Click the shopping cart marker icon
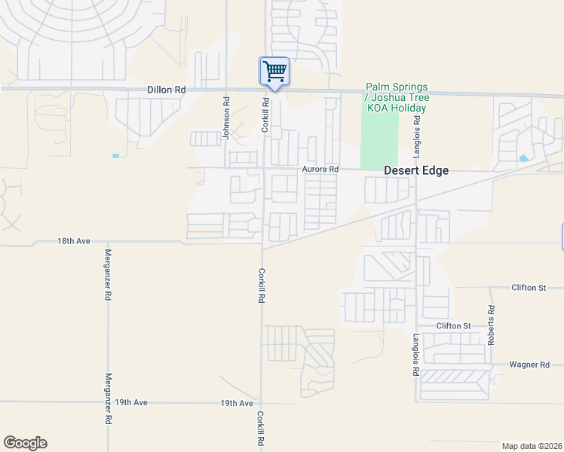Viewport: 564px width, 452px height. coord(274,72)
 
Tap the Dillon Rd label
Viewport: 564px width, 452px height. coord(167,90)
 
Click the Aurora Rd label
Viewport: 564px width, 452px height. coord(320,169)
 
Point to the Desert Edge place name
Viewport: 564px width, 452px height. coord(416,170)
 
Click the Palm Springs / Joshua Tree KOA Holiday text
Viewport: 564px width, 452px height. coord(396,97)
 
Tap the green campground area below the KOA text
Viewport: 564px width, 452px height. coord(379,140)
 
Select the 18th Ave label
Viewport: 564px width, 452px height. coord(74,241)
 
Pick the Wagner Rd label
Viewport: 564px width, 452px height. coord(529,365)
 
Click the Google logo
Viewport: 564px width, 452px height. coord(25,443)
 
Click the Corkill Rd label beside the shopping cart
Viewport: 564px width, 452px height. coord(265,115)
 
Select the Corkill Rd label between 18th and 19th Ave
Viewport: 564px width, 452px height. coord(261,286)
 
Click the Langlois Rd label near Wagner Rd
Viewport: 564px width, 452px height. coord(415,355)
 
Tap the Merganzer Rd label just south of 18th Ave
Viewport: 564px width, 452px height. coord(108,275)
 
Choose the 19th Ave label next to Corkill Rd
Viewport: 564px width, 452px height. coord(236,404)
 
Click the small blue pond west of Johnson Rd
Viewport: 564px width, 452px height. coord(115,156)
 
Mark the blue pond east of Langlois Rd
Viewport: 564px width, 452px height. coord(523,158)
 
